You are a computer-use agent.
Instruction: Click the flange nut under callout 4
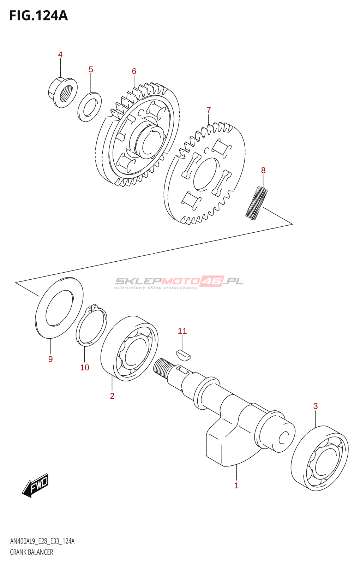62,93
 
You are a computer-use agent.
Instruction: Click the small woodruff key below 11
183,355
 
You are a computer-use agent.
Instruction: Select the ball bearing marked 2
129,349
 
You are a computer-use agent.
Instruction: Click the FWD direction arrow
36,485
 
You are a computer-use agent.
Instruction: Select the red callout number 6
134,71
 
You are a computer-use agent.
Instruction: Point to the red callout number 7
209,111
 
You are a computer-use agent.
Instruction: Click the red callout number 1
236,486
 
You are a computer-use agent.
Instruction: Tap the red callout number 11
182,331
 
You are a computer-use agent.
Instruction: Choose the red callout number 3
316,406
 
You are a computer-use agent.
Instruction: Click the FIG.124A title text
38,16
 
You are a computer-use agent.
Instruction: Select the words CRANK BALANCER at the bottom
31,552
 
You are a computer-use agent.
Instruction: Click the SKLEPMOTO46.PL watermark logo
179,282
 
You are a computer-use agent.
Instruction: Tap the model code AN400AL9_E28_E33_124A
42,541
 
